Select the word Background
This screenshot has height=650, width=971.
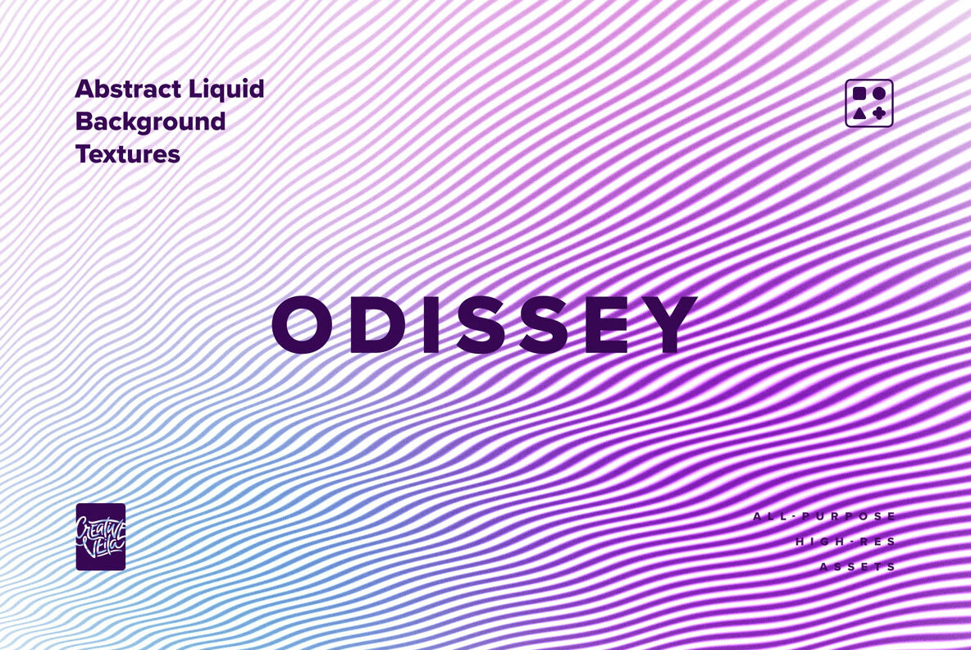[x=150, y=122]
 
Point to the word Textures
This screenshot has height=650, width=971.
[x=128, y=153]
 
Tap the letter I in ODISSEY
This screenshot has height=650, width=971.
[x=431, y=325]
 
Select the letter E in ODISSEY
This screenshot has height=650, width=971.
[x=607, y=325]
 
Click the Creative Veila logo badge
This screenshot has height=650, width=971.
[x=101, y=537]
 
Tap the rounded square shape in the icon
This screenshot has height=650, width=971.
[x=859, y=94]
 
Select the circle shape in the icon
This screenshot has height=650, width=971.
[x=878, y=94]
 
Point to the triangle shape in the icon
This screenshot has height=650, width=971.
[x=859, y=114]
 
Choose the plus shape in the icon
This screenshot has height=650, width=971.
[x=878, y=113]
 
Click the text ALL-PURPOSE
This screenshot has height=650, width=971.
[x=825, y=516]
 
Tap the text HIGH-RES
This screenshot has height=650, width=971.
[x=846, y=542]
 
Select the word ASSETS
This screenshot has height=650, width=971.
[x=859, y=567]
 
